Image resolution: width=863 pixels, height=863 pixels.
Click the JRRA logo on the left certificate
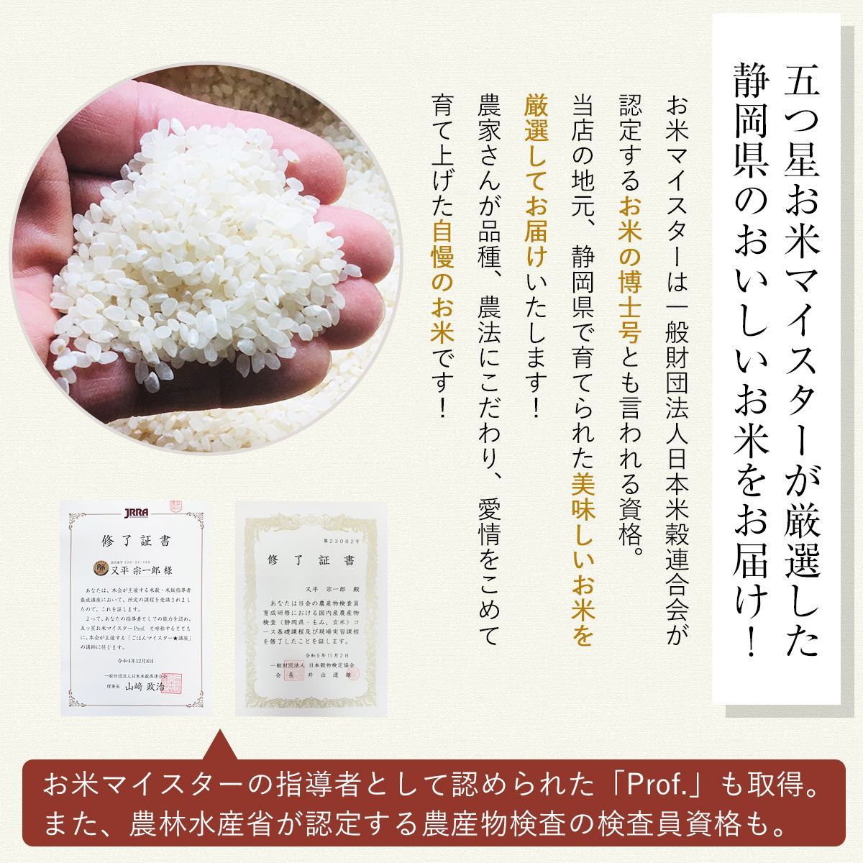click(x=134, y=513)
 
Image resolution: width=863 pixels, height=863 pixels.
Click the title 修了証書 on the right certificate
click(x=309, y=560)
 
